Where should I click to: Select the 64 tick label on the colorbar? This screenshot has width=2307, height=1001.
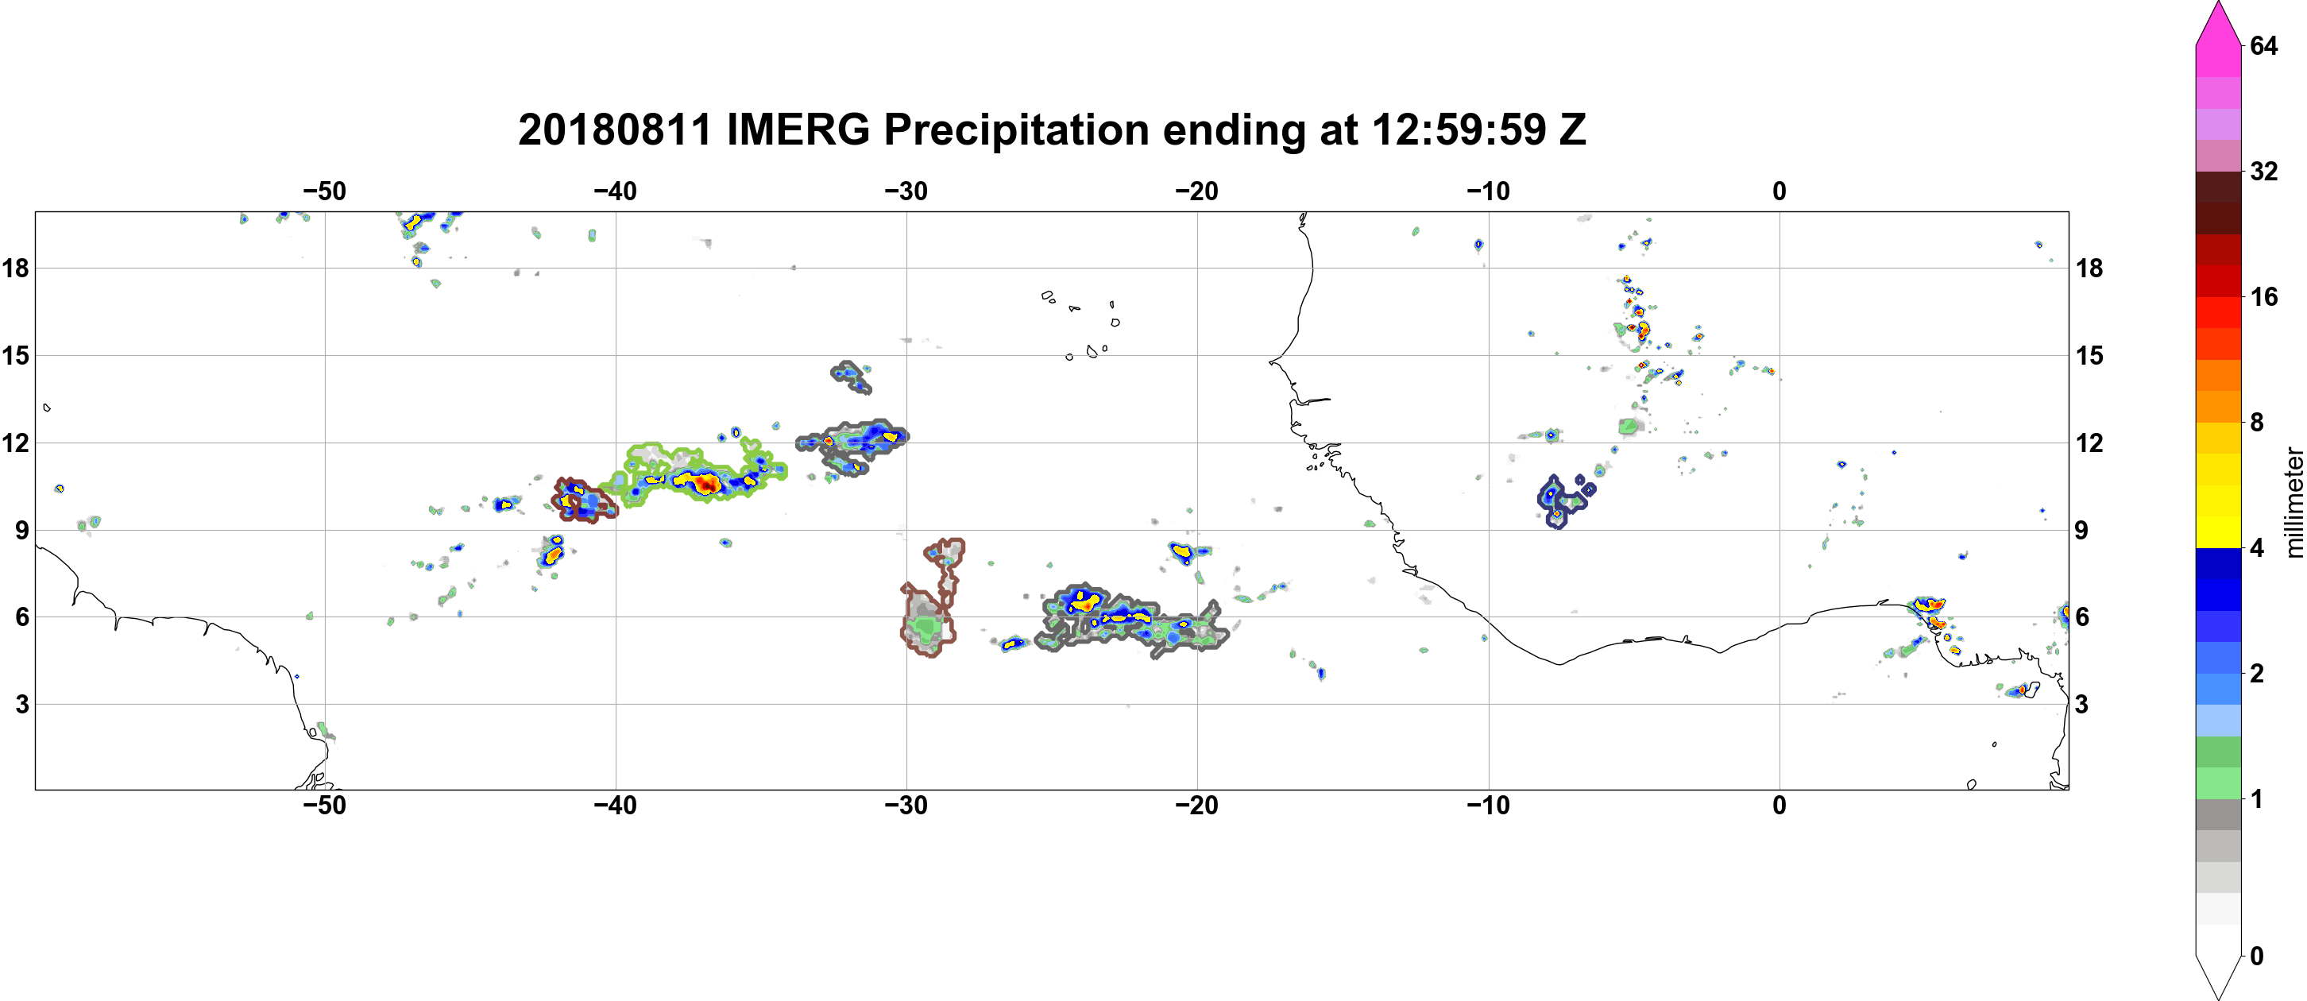tap(2264, 45)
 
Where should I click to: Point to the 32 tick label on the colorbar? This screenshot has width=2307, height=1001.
tap(2264, 171)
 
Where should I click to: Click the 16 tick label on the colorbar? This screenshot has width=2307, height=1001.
tap(2264, 296)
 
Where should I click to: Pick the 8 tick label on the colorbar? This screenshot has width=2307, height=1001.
tap(2257, 422)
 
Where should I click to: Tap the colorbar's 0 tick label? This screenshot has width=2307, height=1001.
tap(2257, 956)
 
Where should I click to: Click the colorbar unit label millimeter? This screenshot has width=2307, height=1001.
tap(2293, 502)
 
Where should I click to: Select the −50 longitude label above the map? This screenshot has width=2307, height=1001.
tap(324, 191)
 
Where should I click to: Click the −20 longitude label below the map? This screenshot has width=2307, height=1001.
tap(1197, 806)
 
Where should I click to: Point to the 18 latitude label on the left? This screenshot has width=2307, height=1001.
tap(15, 268)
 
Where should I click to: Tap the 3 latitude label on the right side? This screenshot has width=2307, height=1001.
tap(2081, 705)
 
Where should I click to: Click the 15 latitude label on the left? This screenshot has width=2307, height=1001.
tap(15, 355)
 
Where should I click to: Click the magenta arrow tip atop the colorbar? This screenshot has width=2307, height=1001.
tap(2217, 4)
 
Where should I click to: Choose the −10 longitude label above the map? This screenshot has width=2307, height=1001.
tap(1489, 191)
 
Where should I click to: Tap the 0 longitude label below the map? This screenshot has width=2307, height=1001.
tap(1780, 806)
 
